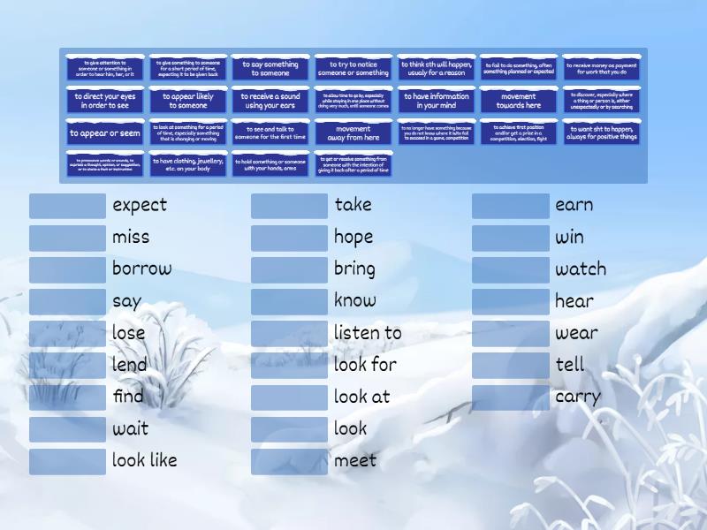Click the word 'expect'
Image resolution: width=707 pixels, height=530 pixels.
140,205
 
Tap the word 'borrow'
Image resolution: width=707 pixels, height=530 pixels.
141,269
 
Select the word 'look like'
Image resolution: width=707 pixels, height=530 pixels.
144,460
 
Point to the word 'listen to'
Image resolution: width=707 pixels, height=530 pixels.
368,333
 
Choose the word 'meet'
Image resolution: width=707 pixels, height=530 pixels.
355,460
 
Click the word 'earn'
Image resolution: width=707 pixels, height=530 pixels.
574,205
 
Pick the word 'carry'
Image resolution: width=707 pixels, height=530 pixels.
577,397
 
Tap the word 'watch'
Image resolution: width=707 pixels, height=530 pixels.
581,269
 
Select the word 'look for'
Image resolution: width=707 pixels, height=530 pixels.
365,365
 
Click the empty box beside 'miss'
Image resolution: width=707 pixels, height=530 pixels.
67,238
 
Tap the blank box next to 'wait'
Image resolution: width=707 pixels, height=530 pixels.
67,429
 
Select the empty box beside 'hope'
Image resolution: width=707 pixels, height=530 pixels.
289,238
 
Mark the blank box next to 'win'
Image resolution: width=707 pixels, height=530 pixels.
510,238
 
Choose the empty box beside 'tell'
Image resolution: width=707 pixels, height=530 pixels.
510,365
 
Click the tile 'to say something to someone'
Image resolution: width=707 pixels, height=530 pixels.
270,69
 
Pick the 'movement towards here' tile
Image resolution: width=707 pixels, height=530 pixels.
519,101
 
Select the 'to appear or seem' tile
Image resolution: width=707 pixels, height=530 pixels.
105,133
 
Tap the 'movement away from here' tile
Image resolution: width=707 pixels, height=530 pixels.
353,133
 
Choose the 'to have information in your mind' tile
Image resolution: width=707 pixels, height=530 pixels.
437,101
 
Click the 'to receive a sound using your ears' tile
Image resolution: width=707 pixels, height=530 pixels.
270,101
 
